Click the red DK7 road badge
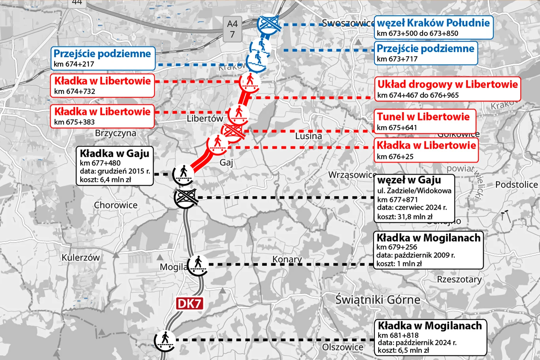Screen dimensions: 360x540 coord(189,303)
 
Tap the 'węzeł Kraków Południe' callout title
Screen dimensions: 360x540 coord(433,23)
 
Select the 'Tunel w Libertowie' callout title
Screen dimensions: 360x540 coord(423,117)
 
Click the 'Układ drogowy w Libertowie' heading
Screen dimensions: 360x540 coord(447,84)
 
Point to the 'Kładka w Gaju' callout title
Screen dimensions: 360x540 coord(115,153)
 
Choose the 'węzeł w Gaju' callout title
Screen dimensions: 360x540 coord(409,180)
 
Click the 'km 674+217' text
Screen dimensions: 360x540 coord(74,64)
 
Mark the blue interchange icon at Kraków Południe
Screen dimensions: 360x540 coord(269,24)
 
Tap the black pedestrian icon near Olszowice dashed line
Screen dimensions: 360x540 coord(164,339)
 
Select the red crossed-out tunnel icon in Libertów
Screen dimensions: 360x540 coord(232,131)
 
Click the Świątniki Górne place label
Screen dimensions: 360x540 coord(378,300)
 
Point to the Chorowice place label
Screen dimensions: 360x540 coord(115,205)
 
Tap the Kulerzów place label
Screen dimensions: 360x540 coord(81,258)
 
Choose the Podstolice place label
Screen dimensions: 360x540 coord(516,185)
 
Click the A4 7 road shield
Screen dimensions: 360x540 coord(232,29)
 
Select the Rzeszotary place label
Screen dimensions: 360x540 coord(459,279)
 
